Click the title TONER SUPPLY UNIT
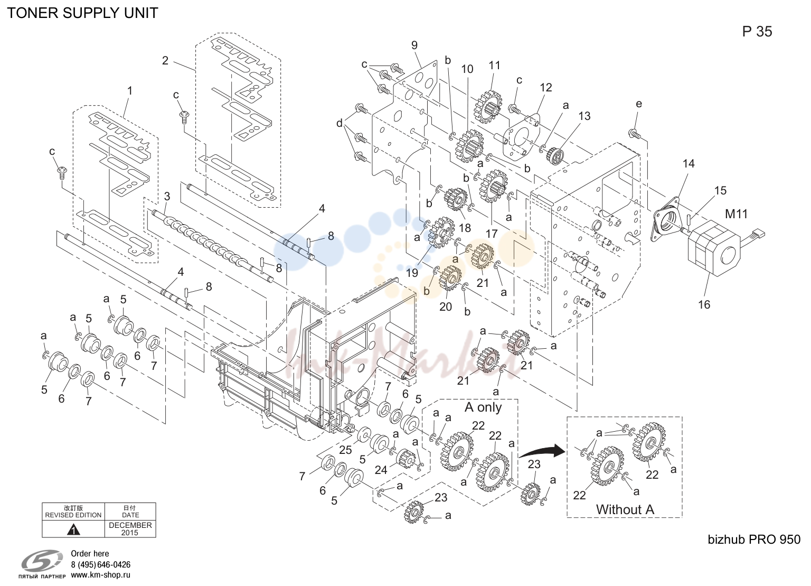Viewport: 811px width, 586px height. [x=82, y=13]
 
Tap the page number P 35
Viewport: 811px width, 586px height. [x=757, y=32]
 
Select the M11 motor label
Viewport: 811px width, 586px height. [x=736, y=214]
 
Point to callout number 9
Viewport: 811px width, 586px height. [x=414, y=45]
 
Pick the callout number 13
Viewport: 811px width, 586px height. [x=584, y=116]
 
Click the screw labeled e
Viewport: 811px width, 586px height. [x=635, y=133]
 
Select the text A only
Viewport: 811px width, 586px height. [x=483, y=407]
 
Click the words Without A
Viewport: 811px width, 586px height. [x=625, y=509]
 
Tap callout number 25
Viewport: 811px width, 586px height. [x=345, y=450]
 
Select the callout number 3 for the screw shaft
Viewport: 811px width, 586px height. [x=167, y=197]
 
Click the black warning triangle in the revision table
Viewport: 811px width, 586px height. [x=73, y=530]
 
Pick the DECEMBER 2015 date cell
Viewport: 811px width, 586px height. [x=130, y=529]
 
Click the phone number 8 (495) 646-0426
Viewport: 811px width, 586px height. [x=101, y=565]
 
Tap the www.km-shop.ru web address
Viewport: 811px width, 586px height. [x=100, y=575]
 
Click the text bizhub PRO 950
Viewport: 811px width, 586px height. [x=754, y=540]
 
